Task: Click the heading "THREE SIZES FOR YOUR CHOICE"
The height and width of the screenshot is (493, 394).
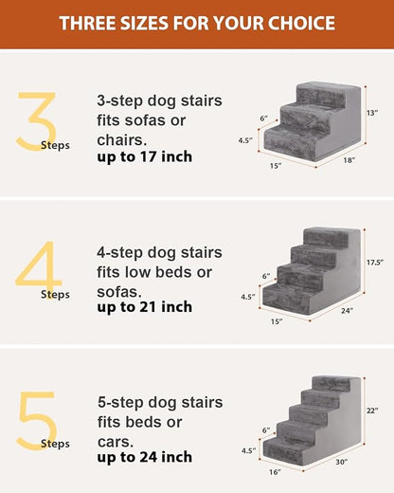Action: coord(196,23)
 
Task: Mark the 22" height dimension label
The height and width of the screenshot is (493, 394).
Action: coord(372,411)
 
